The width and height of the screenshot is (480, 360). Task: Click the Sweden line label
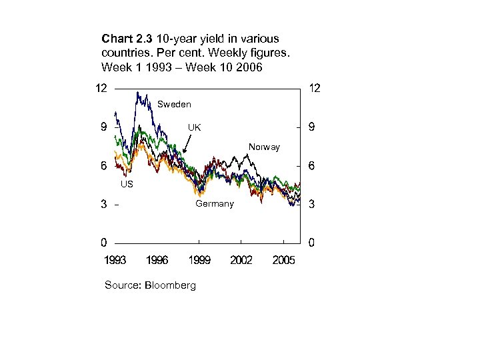point(174,104)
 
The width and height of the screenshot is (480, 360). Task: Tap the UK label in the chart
point(194,127)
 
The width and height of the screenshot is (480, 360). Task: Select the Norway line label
point(264,147)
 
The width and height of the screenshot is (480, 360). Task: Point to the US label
point(126,184)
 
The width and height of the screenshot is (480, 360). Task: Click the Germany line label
point(214,203)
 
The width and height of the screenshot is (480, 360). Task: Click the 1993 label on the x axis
point(115,260)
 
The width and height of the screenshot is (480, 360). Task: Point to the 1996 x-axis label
point(157,260)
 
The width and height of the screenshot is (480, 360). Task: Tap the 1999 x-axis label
point(199,260)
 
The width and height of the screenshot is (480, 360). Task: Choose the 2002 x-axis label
point(241,260)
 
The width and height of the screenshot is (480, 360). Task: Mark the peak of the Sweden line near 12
point(137,93)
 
